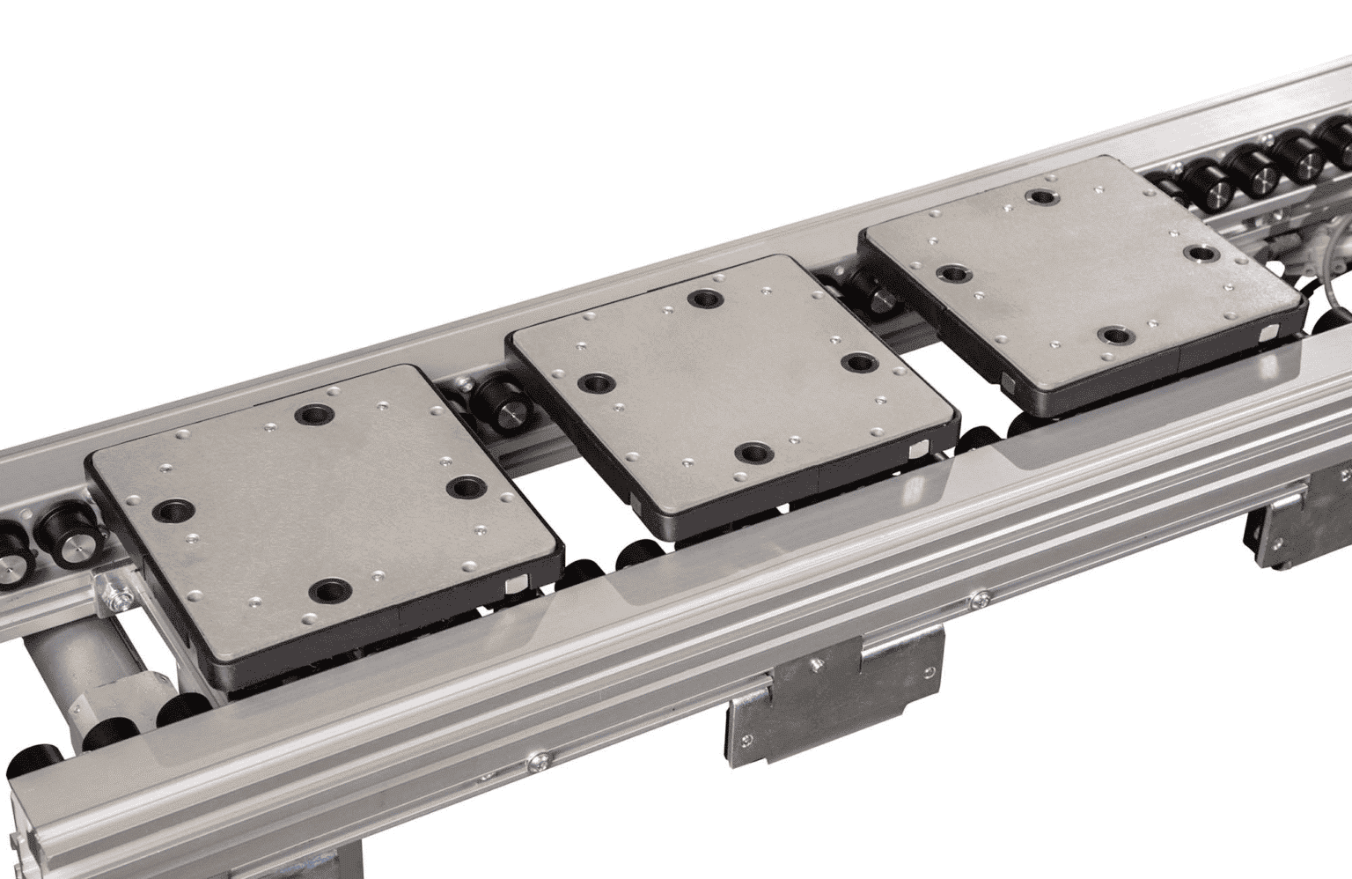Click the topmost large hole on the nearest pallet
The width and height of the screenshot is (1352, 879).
[310, 412]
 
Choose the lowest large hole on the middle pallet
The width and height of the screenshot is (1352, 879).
[753, 454]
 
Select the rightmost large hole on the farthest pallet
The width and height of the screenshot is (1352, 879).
[1199, 254]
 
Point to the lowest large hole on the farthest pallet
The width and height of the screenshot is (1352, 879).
[1115, 336]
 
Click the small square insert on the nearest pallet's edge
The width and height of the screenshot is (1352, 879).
[516, 583]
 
